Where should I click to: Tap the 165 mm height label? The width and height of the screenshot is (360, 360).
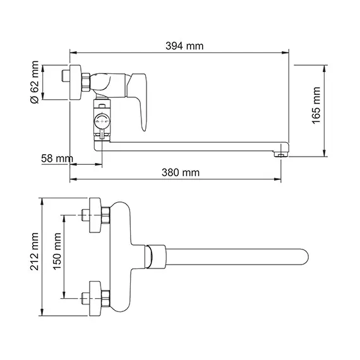click(316, 104)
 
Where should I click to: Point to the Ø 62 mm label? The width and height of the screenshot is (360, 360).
click(34, 80)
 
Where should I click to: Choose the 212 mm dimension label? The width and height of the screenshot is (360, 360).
click(35, 253)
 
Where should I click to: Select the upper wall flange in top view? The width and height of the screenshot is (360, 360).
click(96, 214)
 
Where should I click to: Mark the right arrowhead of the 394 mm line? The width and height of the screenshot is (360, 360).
click(288, 54)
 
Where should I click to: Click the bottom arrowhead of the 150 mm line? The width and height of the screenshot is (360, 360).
click(64, 297)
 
